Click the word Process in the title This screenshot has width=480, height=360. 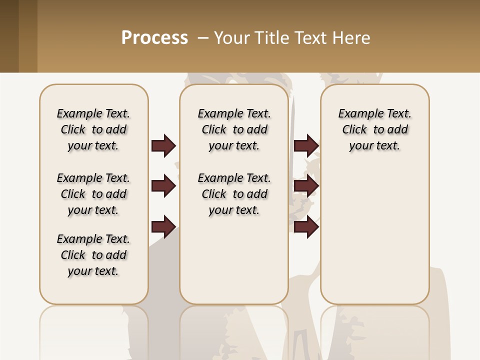click(154, 38)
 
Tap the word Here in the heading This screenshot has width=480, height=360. click(352, 38)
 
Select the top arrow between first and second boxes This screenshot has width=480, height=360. click(163, 145)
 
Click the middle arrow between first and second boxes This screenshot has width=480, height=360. click(163, 186)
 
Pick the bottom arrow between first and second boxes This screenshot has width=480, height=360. click(163, 227)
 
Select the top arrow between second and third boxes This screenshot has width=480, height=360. click(306, 145)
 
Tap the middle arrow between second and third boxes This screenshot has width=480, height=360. click(306, 186)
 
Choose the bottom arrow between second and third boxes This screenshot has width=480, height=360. click(306, 227)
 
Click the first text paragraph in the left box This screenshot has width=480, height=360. click(93, 129)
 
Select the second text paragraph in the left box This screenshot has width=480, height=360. click(93, 194)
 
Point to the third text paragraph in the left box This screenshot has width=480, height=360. click(93, 255)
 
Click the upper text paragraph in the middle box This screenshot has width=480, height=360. click(234, 129)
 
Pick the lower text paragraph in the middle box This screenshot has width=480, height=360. click(234, 194)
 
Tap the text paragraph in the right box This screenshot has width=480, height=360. click(374, 129)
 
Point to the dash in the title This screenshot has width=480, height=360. click(203, 38)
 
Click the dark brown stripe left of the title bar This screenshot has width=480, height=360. click(9, 36)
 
